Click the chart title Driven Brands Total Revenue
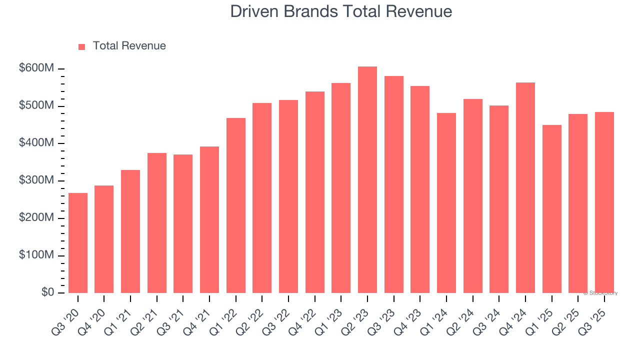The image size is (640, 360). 341,11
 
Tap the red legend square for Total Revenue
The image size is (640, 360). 82,46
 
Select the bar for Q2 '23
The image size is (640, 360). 367,180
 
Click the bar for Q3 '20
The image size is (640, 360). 78,243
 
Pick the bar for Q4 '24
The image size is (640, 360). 525,187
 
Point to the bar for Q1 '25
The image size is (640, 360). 551,209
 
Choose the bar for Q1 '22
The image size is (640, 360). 236,205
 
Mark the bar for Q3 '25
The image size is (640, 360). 604,202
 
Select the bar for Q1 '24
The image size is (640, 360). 446,203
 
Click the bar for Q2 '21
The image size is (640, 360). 157,223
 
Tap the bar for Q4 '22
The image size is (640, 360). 315,192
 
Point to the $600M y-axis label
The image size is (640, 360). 36,68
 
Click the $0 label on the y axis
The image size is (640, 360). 47,292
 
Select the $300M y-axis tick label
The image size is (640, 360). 36,180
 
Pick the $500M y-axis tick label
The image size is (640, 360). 36,106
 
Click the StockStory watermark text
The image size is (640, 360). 600,293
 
